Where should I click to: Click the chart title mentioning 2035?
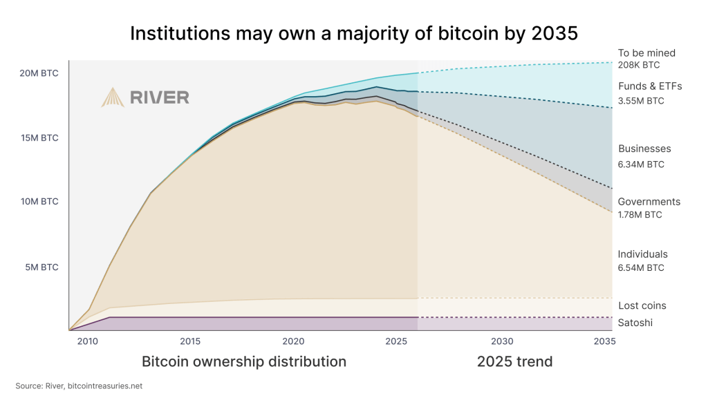tap(354, 33)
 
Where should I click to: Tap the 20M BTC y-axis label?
tap(39, 73)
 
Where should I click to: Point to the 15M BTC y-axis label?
tap(39, 138)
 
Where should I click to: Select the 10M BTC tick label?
tap(39, 201)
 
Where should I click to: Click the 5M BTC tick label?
tap(41, 267)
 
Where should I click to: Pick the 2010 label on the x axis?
tap(88, 341)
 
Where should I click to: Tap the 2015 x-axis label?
tap(190, 341)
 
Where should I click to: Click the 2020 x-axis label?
tap(293, 341)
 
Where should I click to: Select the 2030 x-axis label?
tap(502, 341)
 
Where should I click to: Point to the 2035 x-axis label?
tap(604, 341)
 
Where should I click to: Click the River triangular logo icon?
tap(113, 97)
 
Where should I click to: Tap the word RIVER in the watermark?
tap(160, 97)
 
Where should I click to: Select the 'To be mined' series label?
tap(646, 53)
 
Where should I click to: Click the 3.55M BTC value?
tap(641, 101)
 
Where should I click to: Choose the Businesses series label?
tap(644, 149)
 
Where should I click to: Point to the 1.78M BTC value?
tap(640, 215)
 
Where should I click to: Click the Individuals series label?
tap(642, 254)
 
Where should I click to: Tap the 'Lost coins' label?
tap(642, 305)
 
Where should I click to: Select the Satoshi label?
tap(635, 323)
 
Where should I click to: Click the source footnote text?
tap(79, 386)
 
